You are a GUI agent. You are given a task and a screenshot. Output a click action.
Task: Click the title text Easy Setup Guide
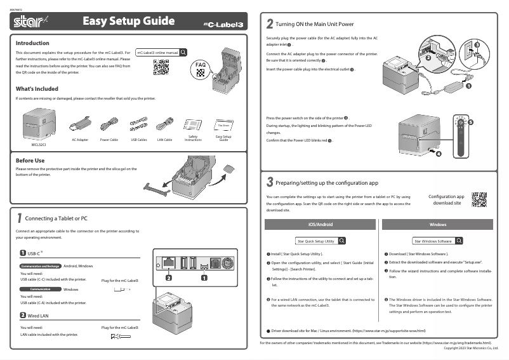pos(128,22)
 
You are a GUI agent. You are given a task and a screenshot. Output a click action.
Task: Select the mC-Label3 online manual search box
pos(162,52)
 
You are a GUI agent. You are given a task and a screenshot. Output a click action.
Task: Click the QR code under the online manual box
pos(161,67)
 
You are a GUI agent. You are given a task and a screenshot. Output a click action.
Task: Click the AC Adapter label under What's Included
pos(80,139)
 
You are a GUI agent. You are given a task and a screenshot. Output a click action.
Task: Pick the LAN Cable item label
pos(164,139)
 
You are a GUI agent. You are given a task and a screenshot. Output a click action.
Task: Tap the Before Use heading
pos(30,161)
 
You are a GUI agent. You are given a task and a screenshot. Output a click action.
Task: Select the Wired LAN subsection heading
pos(38,315)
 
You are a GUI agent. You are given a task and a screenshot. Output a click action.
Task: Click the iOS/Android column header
pos(320,224)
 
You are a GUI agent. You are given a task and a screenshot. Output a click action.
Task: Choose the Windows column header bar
pos(438,224)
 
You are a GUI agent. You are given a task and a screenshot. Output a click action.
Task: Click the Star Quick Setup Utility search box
pos(320,241)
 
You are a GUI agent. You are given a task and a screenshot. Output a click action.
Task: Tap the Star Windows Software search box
pos(438,241)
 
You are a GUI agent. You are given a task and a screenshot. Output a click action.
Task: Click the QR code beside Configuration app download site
pos(479,199)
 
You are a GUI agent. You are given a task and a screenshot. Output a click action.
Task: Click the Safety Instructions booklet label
pos(193,138)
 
